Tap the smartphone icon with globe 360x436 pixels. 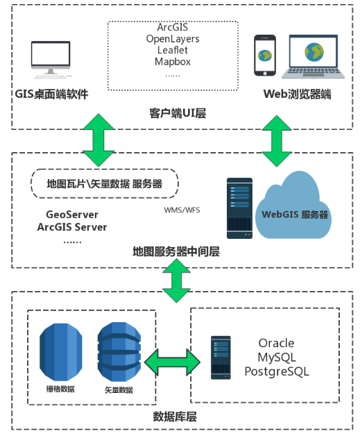pyautogui.click(x=264, y=56)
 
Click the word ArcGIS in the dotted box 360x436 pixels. pyautogui.click(x=173, y=28)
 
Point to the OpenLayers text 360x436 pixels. pyautogui.click(x=173, y=39)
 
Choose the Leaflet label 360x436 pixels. pyautogui.click(x=173, y=50)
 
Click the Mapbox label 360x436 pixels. pyautogui.click(x=173, y=61)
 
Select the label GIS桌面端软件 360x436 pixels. pyautogui.click(x=51, y=94)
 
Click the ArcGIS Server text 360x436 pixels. pyautogui.click(x=72, y=226)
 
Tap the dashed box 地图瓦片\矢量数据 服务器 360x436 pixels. pyautogui.click(x=104, y=184)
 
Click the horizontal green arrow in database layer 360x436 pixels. pyautogui.click(x=171, y=362)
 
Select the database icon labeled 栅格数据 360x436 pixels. pyautogui.click(x=61, y=352)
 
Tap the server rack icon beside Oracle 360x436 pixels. pyautogui.click(x=221, y=358)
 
